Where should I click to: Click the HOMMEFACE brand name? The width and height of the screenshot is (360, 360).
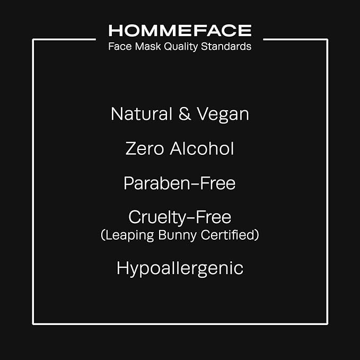point(180,30)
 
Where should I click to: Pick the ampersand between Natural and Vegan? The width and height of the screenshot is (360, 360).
point(185,114)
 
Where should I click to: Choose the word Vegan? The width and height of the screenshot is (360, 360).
point(223,114)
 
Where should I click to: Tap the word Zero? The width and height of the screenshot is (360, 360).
point(144,148)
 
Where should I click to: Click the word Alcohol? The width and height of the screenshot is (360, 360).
point(201,148)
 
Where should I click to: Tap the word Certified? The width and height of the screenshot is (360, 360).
point(229,235)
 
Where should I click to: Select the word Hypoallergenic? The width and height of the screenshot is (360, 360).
point(180,268)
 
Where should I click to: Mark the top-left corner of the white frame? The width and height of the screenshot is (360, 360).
point(33,39)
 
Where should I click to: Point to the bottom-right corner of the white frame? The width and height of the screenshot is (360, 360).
point(327,323)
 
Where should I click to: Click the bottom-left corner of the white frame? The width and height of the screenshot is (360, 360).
point(33,323)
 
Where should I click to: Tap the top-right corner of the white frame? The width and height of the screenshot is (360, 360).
point(327,39)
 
